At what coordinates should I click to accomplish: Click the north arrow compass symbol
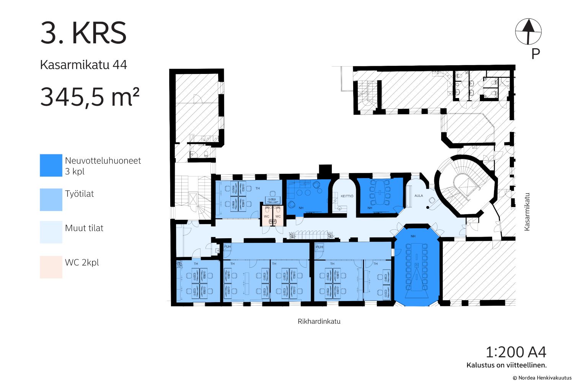[x=528, y=31]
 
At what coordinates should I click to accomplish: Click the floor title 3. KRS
[x=83, y=33]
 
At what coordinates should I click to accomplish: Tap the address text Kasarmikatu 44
[x=83, y=65]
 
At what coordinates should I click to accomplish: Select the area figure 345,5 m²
[x=90, y=97]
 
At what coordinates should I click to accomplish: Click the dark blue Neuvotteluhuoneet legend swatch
[x=51, y=165]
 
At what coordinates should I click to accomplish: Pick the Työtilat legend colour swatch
[x=51, y=200]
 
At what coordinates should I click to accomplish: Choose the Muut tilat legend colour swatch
[x=51, y=232]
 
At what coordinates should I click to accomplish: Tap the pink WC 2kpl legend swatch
[x=51, y=267]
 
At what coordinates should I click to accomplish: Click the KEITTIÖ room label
[x=347, y=196]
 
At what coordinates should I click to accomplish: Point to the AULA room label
[x=419, y=195]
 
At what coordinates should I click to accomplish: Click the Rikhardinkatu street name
[x=319, y=321]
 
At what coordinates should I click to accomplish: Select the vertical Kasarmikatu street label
[x=527, y=212]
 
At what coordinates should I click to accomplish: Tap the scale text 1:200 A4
[x=516, y=352]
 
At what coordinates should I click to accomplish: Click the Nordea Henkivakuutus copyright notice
[x=542, y=378]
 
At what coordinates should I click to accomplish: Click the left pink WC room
[x=267, y=216]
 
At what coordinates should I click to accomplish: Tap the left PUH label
[x=227, y=247]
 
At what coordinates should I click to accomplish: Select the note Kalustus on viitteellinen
[x=507, y=365]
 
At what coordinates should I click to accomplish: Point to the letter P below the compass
[x=536, y=54]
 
